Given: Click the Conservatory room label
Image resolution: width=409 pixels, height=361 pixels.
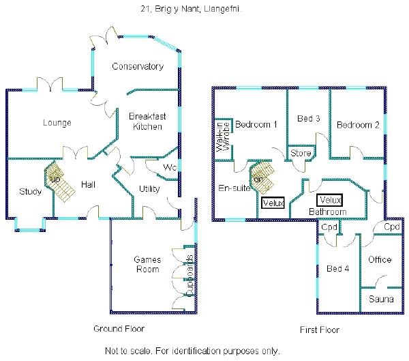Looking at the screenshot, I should (x=138, y=66).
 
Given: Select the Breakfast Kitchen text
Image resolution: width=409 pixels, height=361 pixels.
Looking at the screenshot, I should (x=146, y=121).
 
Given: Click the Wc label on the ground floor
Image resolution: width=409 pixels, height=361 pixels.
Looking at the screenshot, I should (x=170, y=168).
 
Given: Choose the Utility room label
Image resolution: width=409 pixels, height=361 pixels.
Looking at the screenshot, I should (x=149, y=188).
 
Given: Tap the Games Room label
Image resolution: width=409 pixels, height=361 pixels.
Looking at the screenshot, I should (x=147, y=264).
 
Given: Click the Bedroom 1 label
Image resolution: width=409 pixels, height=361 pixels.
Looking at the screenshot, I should (x=256, y=125).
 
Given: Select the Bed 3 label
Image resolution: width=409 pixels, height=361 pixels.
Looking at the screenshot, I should (x=309, y=119).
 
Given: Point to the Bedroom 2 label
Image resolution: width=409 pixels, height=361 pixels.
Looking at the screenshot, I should (x=358, y=125).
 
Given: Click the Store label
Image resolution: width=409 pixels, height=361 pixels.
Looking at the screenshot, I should (x=301, y=154).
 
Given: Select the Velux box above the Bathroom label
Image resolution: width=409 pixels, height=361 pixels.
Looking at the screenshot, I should (x=329, y=201).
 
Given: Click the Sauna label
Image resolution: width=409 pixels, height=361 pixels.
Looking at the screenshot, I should (x=380, y=299).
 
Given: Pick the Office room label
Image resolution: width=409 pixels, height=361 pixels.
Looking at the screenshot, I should (x=380, y=259).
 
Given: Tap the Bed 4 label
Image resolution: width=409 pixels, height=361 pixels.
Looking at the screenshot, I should (x=337, y=268).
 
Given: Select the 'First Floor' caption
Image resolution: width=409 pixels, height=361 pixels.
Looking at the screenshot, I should (x=320, y=330).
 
